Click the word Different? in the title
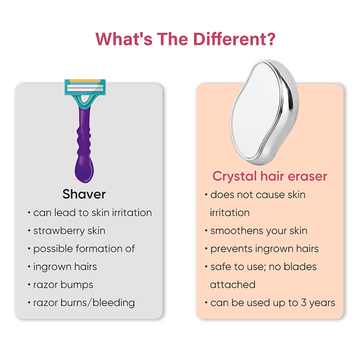(x=234, y=39)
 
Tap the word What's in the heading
(x=124, y=39)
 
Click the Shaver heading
(x=84, y=194)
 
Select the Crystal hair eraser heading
(x=270, y=176)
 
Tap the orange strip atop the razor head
(x=85, y=81)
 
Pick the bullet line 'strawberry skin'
(x=69, y=231)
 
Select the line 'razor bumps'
(x=63, y=285)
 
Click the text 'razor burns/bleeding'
(x=84, y=303)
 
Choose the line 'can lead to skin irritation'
(x=92, y=213)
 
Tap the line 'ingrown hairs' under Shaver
(x=65, y=267)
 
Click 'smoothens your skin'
(x=259, y=231)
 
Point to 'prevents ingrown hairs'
(x=265, y=249)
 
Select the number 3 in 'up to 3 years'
(x=304, y=302)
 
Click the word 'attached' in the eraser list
(x=233, y=285)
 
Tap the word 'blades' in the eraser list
(x=300, y=267)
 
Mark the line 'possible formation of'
(x=84, y=249)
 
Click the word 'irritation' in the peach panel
(x=230, y=213)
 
